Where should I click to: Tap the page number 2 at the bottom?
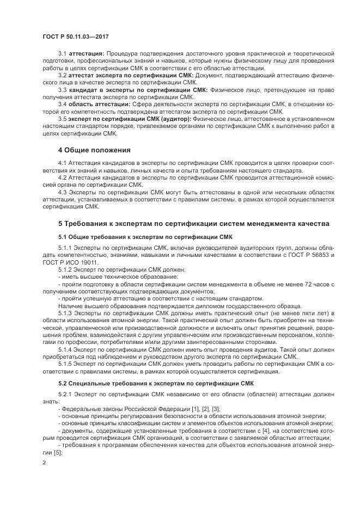(44, 462)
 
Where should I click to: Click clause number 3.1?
(62, 53)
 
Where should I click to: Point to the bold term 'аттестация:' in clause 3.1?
(87, 53)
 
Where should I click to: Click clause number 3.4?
(62, 103)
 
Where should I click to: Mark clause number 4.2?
(62, 178)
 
